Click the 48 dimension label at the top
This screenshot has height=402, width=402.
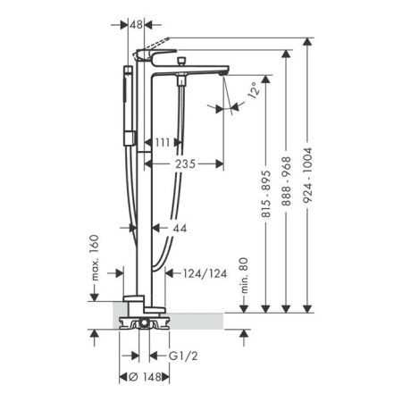(137, 25)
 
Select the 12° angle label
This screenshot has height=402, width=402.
(253, 90)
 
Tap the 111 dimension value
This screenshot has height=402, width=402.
(163, 143)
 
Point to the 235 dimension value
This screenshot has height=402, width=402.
(185, 163)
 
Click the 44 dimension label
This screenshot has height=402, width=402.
(180, 229)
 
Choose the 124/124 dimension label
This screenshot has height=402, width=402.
(205, 273)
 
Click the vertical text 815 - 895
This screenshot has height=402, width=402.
(265, 194)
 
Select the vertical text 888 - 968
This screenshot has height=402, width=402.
(286, 181)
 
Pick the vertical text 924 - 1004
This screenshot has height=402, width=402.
(307, 175)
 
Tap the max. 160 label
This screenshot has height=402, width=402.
(95, 258)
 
